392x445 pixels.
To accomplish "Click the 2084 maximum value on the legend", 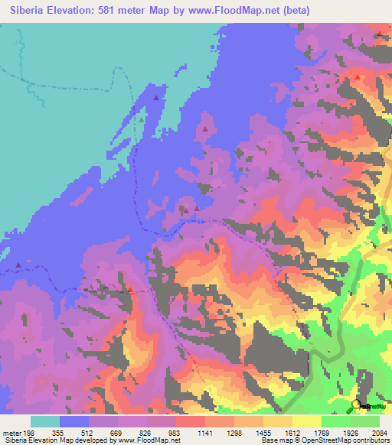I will coord(381,432).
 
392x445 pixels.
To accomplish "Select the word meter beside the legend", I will coord(12,432).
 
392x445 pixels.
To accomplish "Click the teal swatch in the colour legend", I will coord(45,421).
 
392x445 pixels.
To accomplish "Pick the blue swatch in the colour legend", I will coord(74,421).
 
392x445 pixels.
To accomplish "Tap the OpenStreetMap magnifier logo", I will coord(356,404).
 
